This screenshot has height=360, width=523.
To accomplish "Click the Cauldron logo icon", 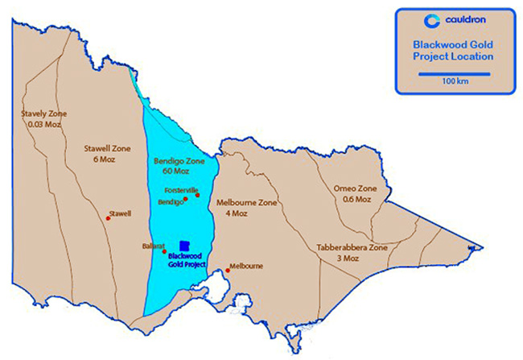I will [x=430, y=20].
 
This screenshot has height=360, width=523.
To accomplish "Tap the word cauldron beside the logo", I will [x=464, y=20].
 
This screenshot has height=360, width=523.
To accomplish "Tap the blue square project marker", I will [x=184, y=246].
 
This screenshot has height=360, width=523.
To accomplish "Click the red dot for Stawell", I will [x=109, y=216].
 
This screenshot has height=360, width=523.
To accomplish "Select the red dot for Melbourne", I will [x=228, y=271].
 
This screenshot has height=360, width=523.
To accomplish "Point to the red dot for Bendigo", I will [x=186, y=198].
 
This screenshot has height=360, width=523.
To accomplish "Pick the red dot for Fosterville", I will [x=197, y=194].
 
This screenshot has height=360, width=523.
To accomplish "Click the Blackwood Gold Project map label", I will [x=187, y=259].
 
